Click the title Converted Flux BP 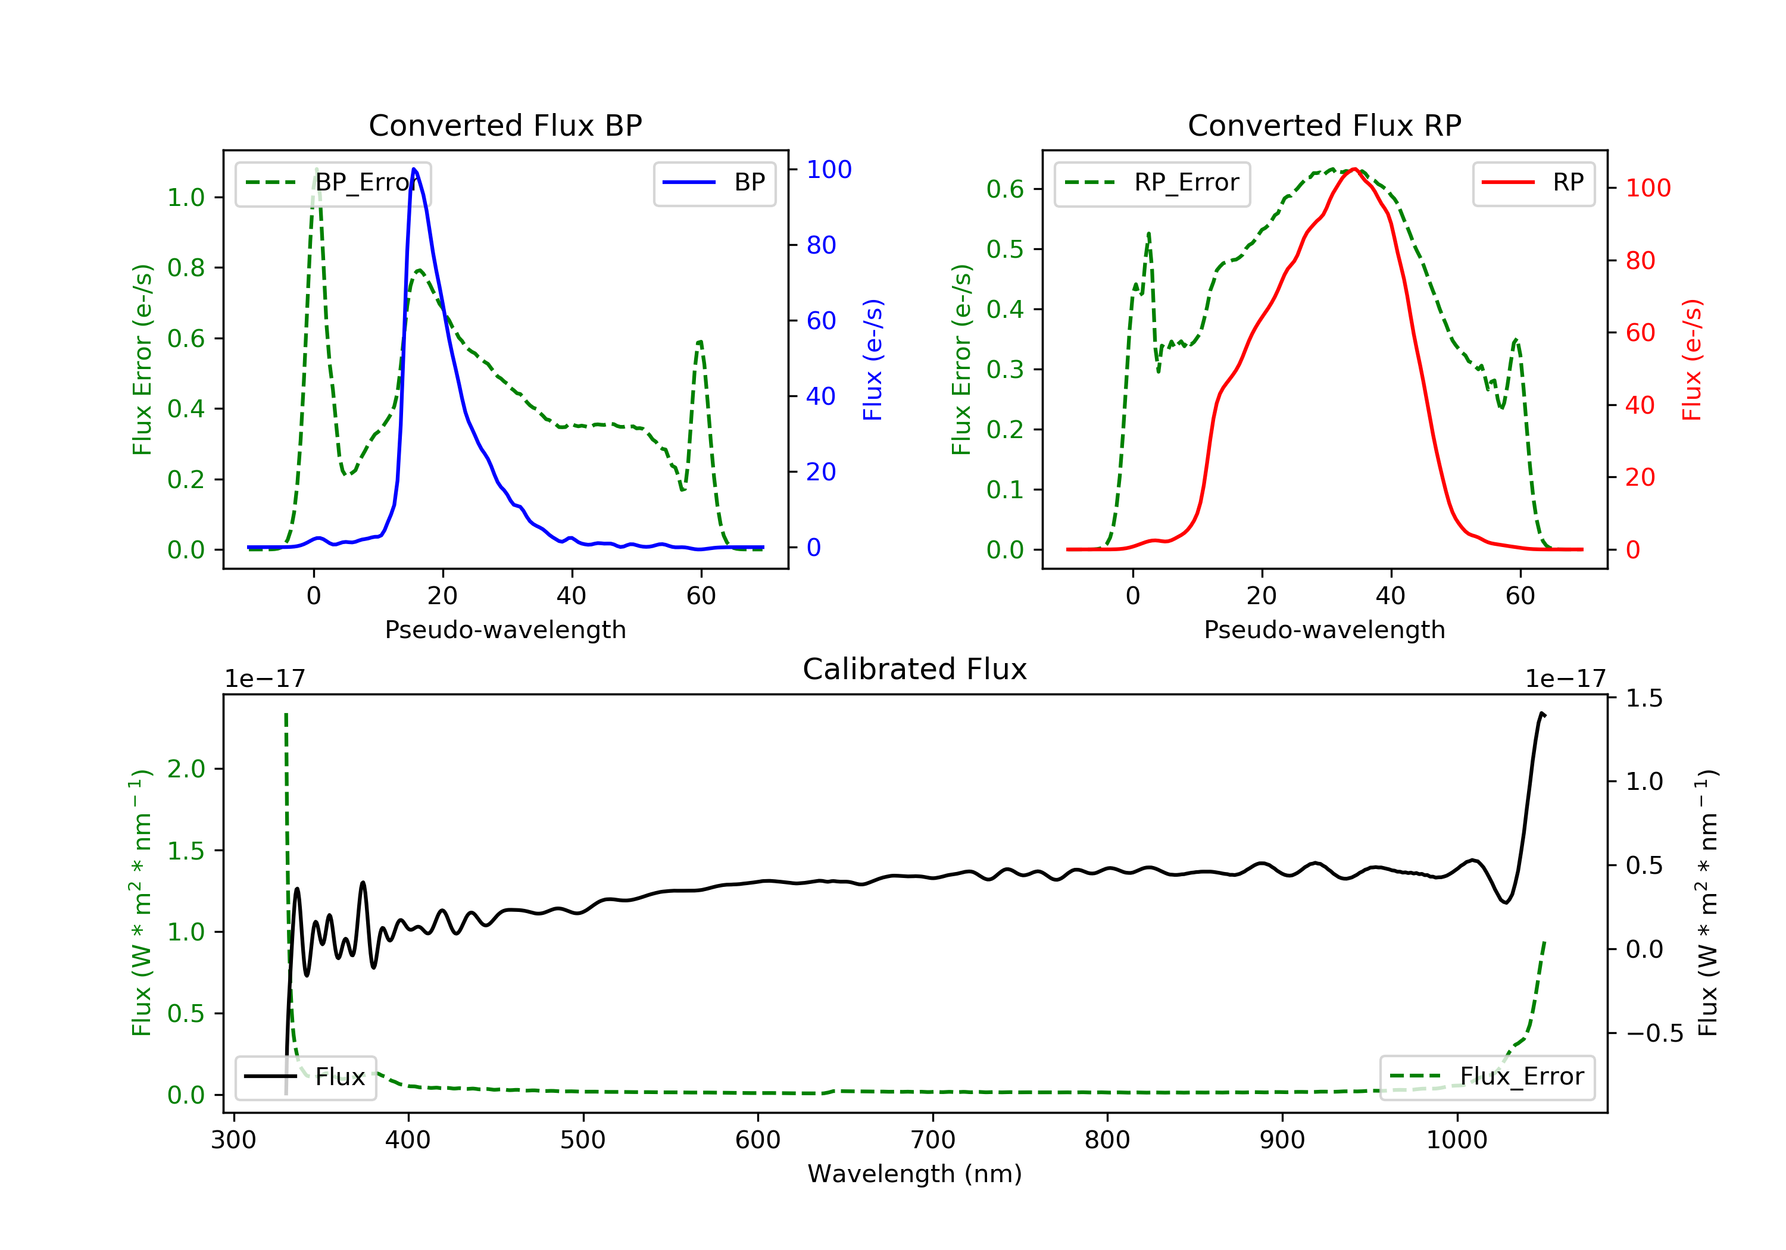click(505, 125)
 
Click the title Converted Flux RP click(1324, 125)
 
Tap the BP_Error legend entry click(333, 183)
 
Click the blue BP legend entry click(714, 183)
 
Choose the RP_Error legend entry click(1151, 183)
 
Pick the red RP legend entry click(1532, 183)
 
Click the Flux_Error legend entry click(1487, 1077)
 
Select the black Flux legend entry click(306, 1077)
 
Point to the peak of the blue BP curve click(414, 169)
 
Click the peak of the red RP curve click(1354, 169)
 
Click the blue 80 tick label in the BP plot click(820, 245)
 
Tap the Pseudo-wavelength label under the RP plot click(1324, 629)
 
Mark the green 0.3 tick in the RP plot click(1005, 370)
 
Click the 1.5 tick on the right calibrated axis click(1644, 698)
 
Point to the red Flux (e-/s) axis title click(1691, 360)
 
